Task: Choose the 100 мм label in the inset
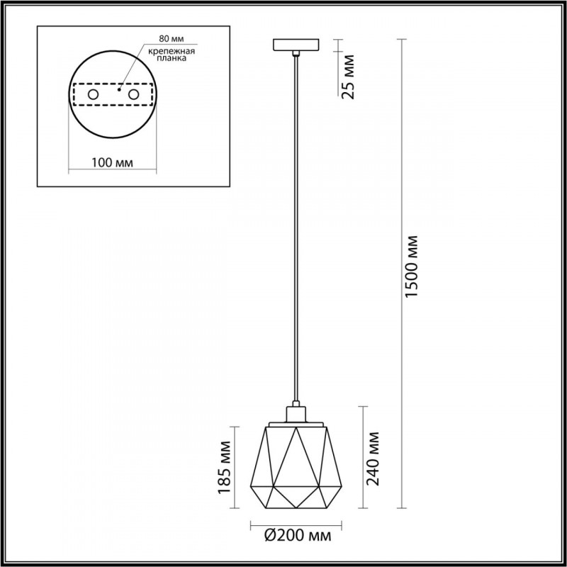coord(113,163)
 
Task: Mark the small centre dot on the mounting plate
coord(120,90)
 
